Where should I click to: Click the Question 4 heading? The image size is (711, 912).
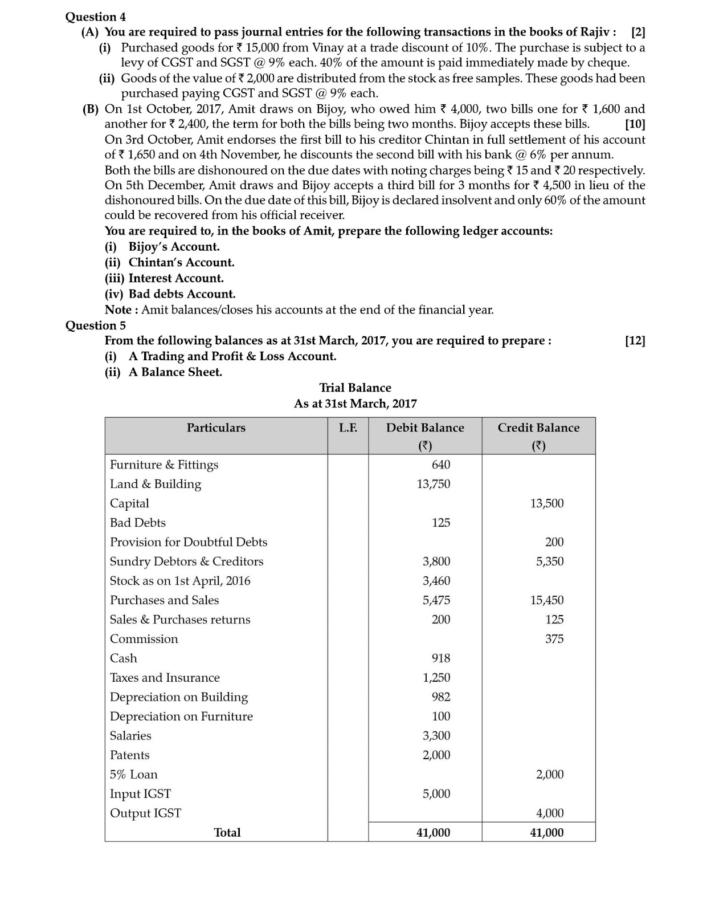(x=96, y=17)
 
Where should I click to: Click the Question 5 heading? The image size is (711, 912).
(x=96, y=325)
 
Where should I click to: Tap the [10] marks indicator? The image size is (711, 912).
(x=635, y=124)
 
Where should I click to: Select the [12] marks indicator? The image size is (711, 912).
(x=635, y=341)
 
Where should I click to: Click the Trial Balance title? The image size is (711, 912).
(x=355, y=388)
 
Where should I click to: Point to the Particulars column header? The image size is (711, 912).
(x=216, y=428)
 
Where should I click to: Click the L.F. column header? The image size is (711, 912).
(x=348, y=428)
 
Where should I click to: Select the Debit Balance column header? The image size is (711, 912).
(x=425, y=428)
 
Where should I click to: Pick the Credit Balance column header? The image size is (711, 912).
(x=538, y=428)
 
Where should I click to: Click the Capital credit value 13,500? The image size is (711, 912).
(x=546, y=503)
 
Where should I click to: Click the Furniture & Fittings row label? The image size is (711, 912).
(x=164, y=465)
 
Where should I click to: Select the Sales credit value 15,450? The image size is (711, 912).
(x=546, y=600)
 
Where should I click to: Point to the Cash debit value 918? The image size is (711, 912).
(x=440, y=658)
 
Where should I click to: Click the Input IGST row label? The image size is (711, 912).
(x=140, y=794)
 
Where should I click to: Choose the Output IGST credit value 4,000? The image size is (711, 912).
(x=549, y=813)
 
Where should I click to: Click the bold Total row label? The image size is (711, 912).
(x=227, y=833)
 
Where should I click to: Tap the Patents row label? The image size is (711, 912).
(x=129, y=755)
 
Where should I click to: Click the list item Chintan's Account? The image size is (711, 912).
(x=181, y=263)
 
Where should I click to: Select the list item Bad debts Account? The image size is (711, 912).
(x=182, y=294)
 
